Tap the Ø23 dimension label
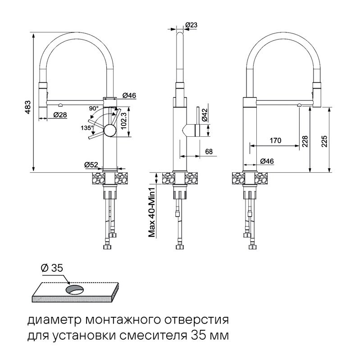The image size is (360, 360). (191, 25)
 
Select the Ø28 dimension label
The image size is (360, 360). (60, 115)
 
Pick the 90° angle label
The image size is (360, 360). (94, 108)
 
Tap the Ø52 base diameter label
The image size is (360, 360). (91, 165)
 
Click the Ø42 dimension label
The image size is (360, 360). (204, 115)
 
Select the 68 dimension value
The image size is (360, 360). (209, 152)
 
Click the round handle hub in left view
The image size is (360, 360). (109, 131)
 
